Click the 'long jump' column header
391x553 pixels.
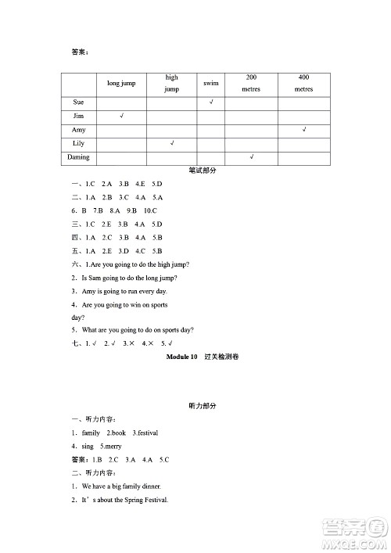[120, 83]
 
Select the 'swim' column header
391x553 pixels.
[210, 83]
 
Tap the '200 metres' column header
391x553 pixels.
[251, 83]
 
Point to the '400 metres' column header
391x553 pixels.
[303, 83]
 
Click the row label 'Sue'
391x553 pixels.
[78, 102]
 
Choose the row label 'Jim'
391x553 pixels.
[78, 116]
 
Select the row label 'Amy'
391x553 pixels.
[78, 130]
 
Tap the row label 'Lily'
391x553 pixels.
[78, 144]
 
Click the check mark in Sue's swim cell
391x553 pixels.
[211, 102]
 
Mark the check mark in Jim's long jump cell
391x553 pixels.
[121, 116]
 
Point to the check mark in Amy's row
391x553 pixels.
[303, 130]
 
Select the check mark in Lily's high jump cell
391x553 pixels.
[171, 144]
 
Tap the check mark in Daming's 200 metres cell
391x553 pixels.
[251, 157]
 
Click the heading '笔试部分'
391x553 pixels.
[203, 171]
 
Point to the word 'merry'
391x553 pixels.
[113, 446]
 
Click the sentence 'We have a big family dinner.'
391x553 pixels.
[121, 487]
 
